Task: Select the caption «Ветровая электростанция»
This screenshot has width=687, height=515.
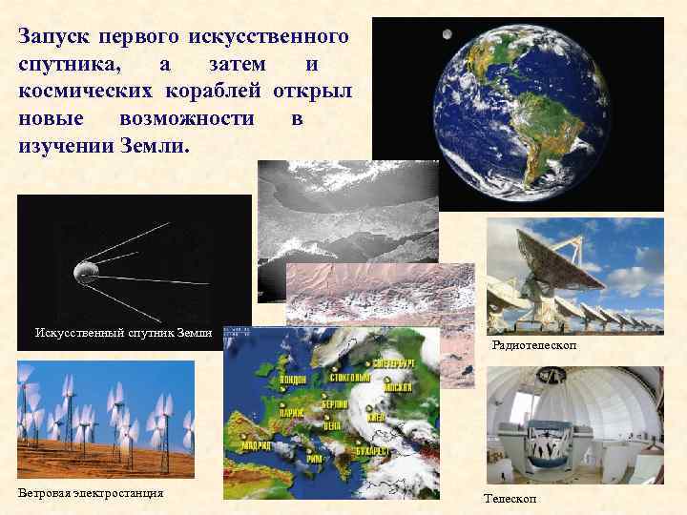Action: point(91,493)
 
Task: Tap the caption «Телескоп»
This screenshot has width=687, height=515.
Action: point(510,499)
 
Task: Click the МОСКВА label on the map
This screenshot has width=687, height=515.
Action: point(399,388)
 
